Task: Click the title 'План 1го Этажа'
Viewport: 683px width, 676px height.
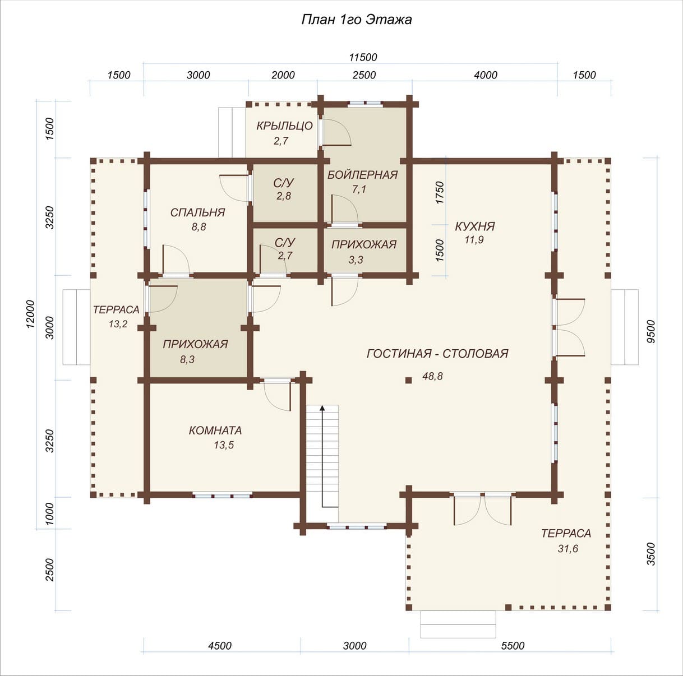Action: coord(357,20)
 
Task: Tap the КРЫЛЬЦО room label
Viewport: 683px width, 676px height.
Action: coord(285,126)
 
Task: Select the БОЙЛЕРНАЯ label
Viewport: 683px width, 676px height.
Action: coord(362,175)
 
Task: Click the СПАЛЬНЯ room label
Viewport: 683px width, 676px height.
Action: coord(198,212)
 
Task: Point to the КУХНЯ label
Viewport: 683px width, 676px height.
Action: coord(475,226)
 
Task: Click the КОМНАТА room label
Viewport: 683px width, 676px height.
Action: coord(215,430)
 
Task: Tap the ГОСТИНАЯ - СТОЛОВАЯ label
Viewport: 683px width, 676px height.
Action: coord(437,354)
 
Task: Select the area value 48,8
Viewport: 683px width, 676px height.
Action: coord(432,376)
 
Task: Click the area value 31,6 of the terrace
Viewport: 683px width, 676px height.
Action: coord(568,548)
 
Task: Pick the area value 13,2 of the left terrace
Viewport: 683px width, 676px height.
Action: coord(118,324)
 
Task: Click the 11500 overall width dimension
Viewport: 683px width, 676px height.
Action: coord(363,57)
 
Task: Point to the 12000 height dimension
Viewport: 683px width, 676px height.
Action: coord(30,313)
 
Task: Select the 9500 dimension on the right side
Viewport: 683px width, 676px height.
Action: coord(650,331)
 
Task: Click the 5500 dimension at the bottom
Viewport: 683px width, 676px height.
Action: coord(513,646)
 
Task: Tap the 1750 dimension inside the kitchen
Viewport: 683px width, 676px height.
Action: coord(440,192)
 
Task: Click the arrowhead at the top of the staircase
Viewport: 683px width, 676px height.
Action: coord(322,408)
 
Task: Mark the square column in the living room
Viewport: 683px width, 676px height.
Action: coord(409,380)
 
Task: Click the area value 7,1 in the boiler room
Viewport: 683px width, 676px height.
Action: coord(359,189)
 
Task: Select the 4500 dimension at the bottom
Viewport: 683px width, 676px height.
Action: coord(220,646)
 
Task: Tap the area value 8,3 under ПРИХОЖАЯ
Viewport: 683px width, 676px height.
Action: coord(187,360)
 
